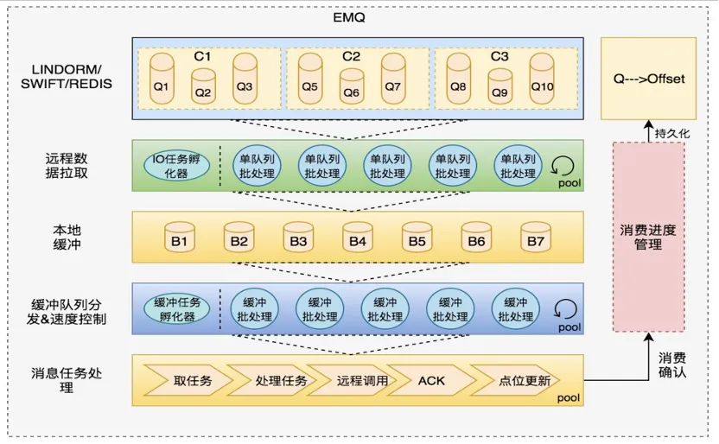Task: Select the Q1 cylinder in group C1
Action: click(x=161, y=81)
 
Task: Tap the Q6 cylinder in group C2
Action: click(x=351, y=87)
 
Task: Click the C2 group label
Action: click(x=351, y=56)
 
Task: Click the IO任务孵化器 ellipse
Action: click(x=176, y=166)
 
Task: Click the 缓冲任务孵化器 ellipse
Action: click(x=176, y=308)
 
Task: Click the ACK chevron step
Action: click(x=430, y=380)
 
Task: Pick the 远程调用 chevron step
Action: click(x=349, y=380)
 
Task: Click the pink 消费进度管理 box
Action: click(x=648, y=237)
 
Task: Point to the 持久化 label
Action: click(x=671, y=133)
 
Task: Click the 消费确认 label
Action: click(x=674, y=365)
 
